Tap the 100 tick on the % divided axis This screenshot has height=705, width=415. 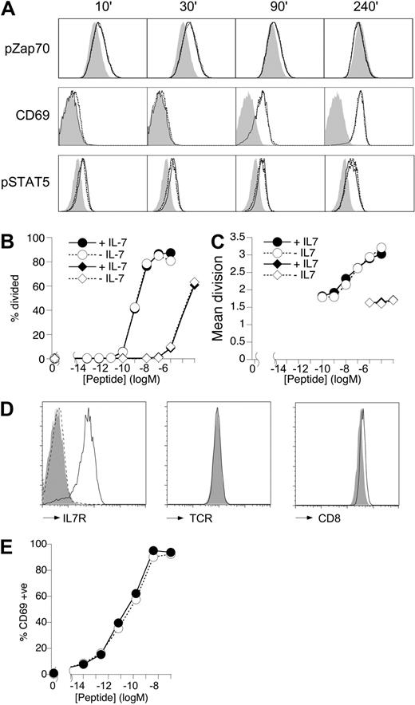34,237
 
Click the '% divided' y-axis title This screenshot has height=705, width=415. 10,299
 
